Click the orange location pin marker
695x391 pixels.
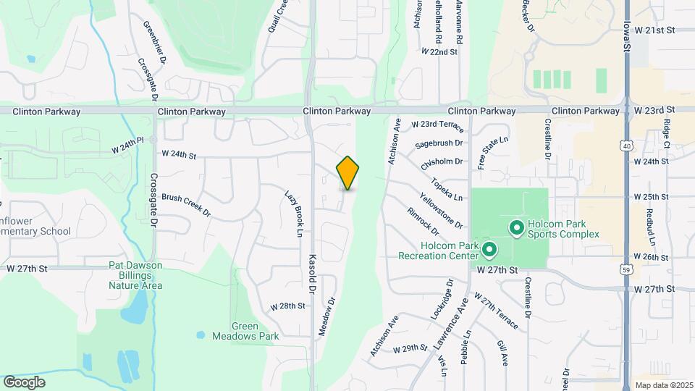coord(347,173)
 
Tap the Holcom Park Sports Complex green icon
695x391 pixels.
coord(516,229)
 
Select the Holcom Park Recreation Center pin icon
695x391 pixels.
coord(489,251)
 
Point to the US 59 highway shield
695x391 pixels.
coord(627,269)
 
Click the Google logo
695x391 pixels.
coord(24,382)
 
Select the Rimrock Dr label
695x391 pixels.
coord(423,222)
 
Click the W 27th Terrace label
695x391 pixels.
coord(497,311)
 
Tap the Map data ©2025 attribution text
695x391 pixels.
coord(663,384)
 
